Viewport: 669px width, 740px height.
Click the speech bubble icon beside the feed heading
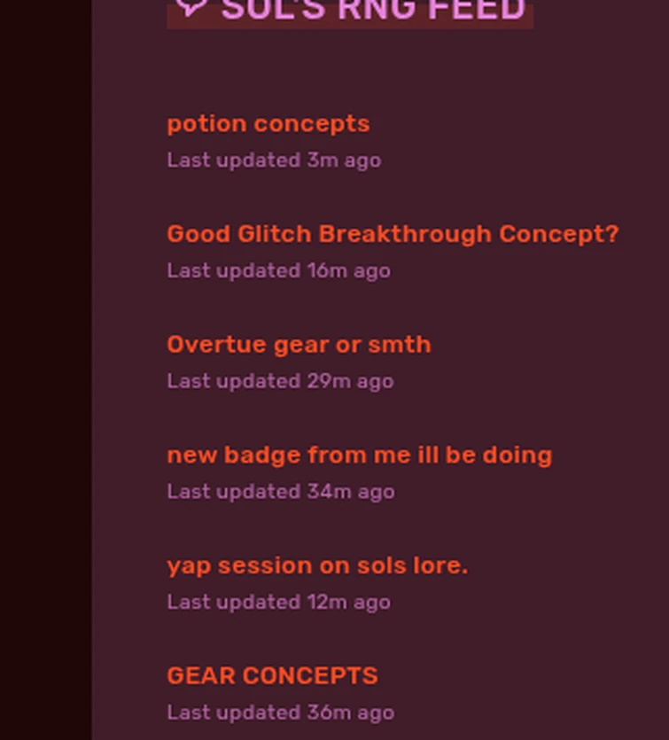tap(191, 7)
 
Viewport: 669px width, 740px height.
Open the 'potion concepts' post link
tap(268, 123)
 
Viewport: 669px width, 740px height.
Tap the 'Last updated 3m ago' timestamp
tap(274, 160)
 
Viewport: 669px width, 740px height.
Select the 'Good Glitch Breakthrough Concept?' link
tap(393, 234)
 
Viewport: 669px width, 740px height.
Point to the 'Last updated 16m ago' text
tap(278, 271)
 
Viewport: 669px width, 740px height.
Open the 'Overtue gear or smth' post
tap(299, 345)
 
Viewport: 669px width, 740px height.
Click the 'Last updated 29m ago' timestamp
tap(280, 381)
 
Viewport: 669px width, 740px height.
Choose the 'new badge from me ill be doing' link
tap(359, 456)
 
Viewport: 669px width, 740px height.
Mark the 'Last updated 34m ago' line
tap(280, 492)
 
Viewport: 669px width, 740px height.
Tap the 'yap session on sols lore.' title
tap(317, 565)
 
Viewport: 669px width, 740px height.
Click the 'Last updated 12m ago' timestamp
tap(278, 603)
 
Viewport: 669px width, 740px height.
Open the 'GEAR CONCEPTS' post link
tap(272, 676)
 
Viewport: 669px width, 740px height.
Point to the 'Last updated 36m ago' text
tap(280, 713)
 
